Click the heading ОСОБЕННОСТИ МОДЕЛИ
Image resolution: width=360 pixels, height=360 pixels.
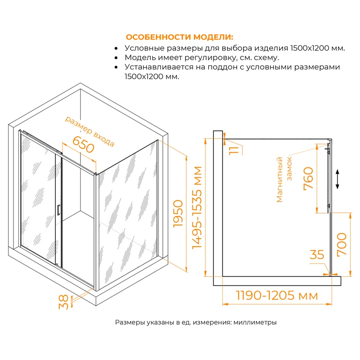coord(179,37)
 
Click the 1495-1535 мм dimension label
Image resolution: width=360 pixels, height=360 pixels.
coord(196,208)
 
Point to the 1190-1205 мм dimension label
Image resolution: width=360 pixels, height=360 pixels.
coord(277,296)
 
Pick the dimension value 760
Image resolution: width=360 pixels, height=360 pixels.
coord(309,178)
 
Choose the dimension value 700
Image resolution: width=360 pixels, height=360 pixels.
coord(342,244)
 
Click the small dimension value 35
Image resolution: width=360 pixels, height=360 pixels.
coord(317,255)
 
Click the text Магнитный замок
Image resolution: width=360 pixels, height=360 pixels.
coord(284,179)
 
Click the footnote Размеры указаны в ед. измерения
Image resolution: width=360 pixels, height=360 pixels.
coord(196,323)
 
